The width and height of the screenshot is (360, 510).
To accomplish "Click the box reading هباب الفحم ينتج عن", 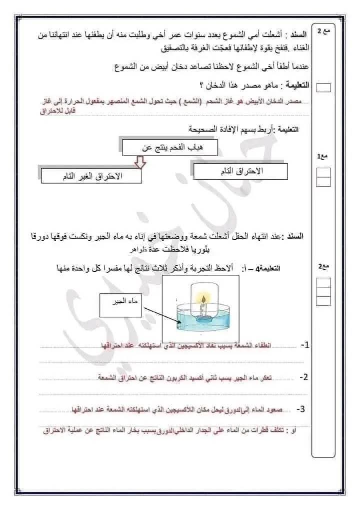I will click(x=170, y=148).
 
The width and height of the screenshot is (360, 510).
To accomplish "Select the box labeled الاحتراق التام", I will click(x=240, y=172).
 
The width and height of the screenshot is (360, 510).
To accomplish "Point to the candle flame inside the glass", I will click(x=204, y=299).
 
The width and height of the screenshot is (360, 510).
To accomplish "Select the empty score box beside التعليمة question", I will click(x=324, y=88).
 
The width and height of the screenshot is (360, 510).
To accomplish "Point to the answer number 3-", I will click(x=300, y=409).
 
